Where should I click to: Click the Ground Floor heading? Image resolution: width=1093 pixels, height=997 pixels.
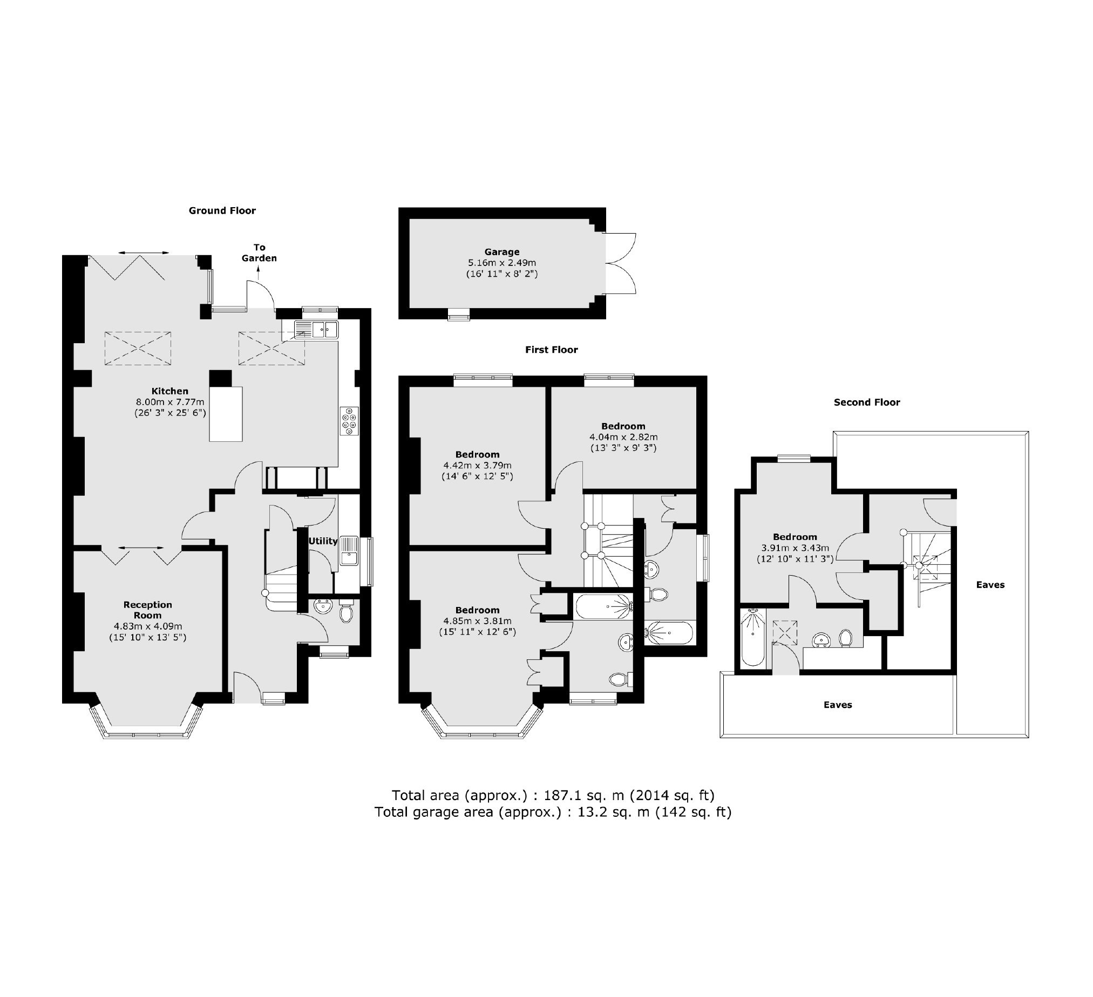222,211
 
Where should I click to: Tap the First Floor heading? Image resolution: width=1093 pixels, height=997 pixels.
552,350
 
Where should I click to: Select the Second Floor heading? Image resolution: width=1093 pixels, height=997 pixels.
867,402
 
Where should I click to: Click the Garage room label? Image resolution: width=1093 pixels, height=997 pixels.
502,252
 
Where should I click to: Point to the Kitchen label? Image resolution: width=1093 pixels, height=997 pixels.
169,391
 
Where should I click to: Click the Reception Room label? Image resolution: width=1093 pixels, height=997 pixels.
147,610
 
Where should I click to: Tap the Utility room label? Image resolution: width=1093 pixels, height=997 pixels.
323,541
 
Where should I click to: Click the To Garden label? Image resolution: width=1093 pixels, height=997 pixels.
259,253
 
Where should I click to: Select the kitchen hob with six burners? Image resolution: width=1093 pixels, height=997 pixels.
349,421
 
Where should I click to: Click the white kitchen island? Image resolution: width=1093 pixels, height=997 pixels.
226,414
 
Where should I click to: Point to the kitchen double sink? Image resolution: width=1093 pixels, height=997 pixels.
317,330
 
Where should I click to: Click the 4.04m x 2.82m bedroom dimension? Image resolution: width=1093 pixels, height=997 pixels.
623,437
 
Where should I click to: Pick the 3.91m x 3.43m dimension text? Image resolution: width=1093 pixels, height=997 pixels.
795,548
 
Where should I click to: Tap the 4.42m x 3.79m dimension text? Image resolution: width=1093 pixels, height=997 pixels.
477,466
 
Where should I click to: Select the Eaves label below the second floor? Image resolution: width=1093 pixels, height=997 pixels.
838,705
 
